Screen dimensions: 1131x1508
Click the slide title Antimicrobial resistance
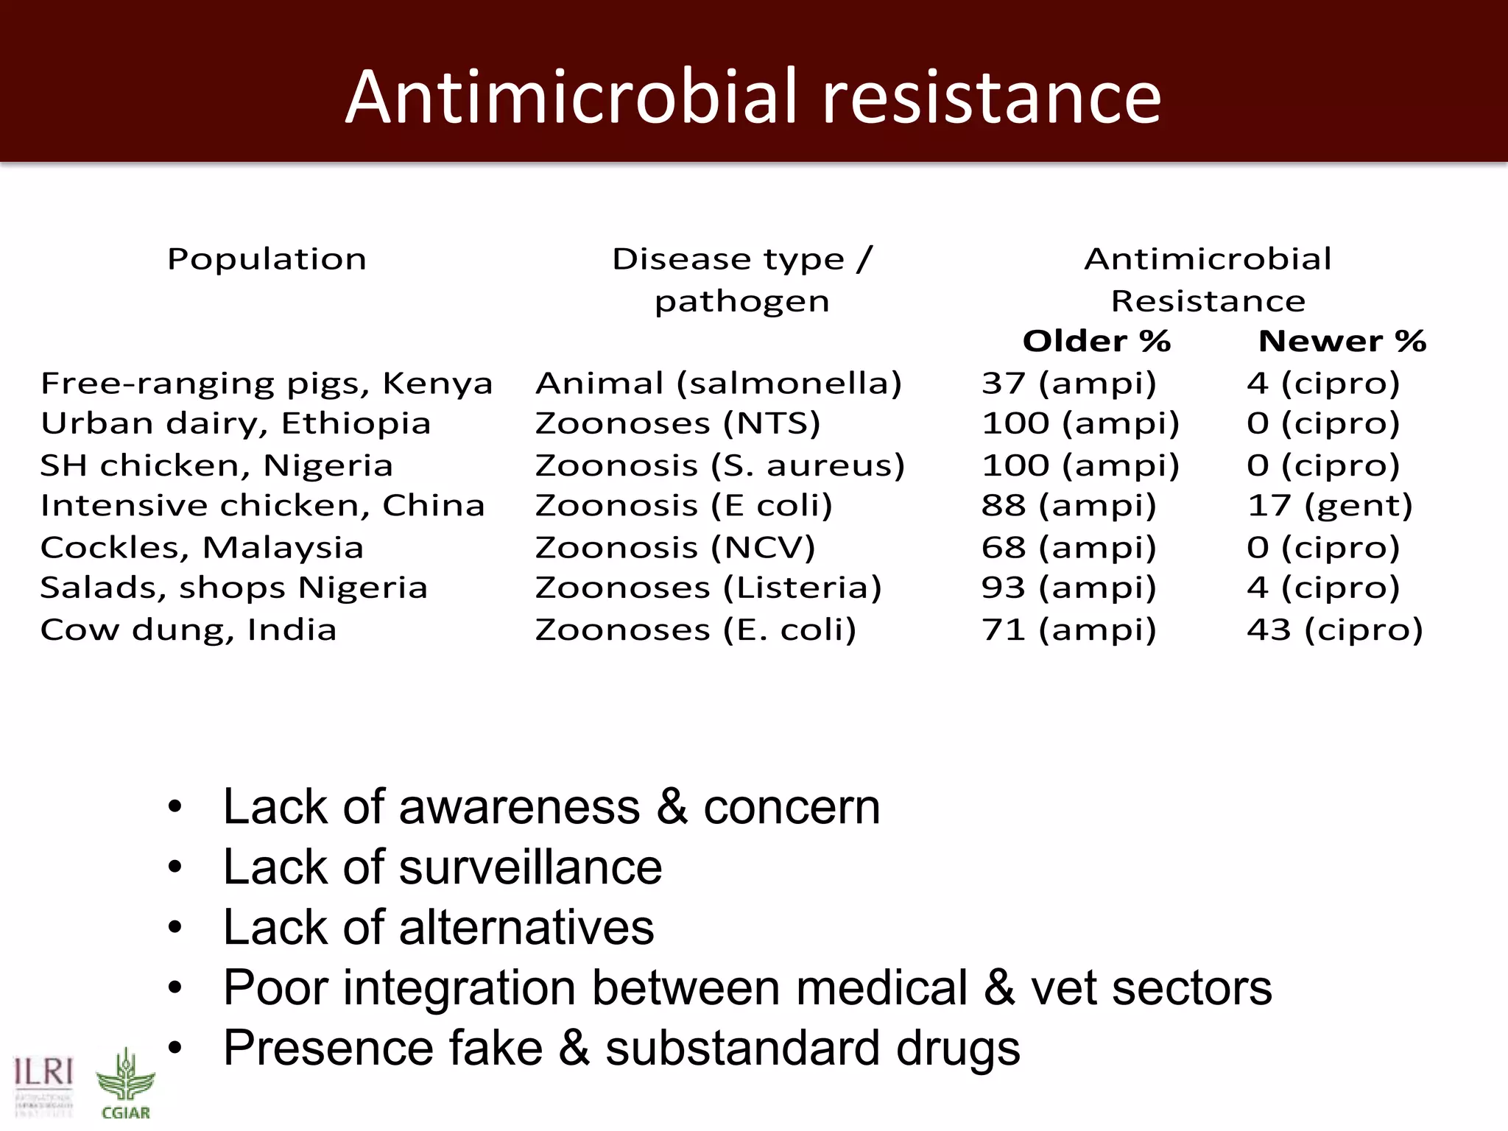pyautogui.click(x=753, y=97)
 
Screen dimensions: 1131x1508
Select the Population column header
pyautogui.click(x=267, y=259)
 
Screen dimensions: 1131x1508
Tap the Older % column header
pyautogui.click(x=1096, y=341)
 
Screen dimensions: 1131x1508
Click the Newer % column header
pyautogui.click(x=1342, y=341)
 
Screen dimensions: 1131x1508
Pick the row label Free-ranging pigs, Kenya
pyautogui.click(x=267, y=384)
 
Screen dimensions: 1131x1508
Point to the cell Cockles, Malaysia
pyautogui.click(x=202, y=548)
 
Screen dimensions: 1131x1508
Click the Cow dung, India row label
pyautogui.click(x=188, y=630)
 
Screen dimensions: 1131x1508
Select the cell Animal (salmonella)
pyautogui.click(x=718, y=384)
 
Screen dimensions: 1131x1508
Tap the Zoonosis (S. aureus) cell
pyautogui.click(x=719, y=466)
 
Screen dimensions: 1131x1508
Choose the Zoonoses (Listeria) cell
pyautogui.click(x=708, y=588)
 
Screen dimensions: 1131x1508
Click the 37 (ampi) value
pyautogui.click(x=1068, y=384)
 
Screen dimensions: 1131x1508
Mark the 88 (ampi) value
pyautogui.click(x=1068, y=506)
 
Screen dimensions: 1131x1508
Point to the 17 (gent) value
pyautogui.click(x=1330, y=506)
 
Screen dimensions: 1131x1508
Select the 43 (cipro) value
pyautogui.click(x=1334, y=630)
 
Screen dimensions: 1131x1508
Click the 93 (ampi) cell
pyautogui.click(x=1068, y=588)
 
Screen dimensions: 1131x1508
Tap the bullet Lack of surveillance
pyautogui.click(x=443, y=867)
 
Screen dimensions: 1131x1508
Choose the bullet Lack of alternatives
pyautogui.click(x=439, y=927)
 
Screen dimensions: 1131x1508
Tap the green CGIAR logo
pyautogui.click(x=125, y=1086)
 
